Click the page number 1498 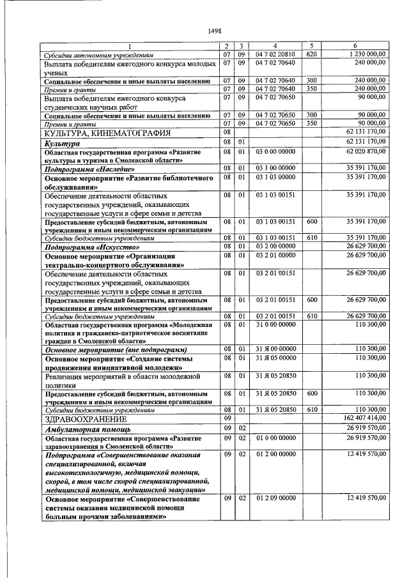(214, 31)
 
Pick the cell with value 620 (312, 54)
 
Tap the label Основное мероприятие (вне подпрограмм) (116, 350)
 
